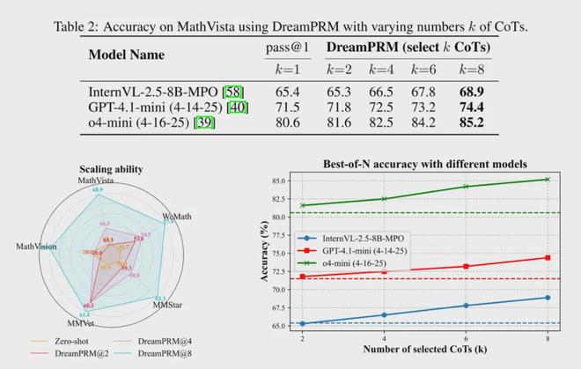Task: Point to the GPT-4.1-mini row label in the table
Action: pyautogui.click(x=151, y=107)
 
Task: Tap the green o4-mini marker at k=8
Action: pyautogui.click(x=548, y=179)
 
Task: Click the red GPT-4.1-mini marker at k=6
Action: pyautogui.click(x=467, y=266)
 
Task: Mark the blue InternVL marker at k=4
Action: pyautogui.click(x=385, y=315)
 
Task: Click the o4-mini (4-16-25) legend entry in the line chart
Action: pyautogui.click(x=361, y=262)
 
